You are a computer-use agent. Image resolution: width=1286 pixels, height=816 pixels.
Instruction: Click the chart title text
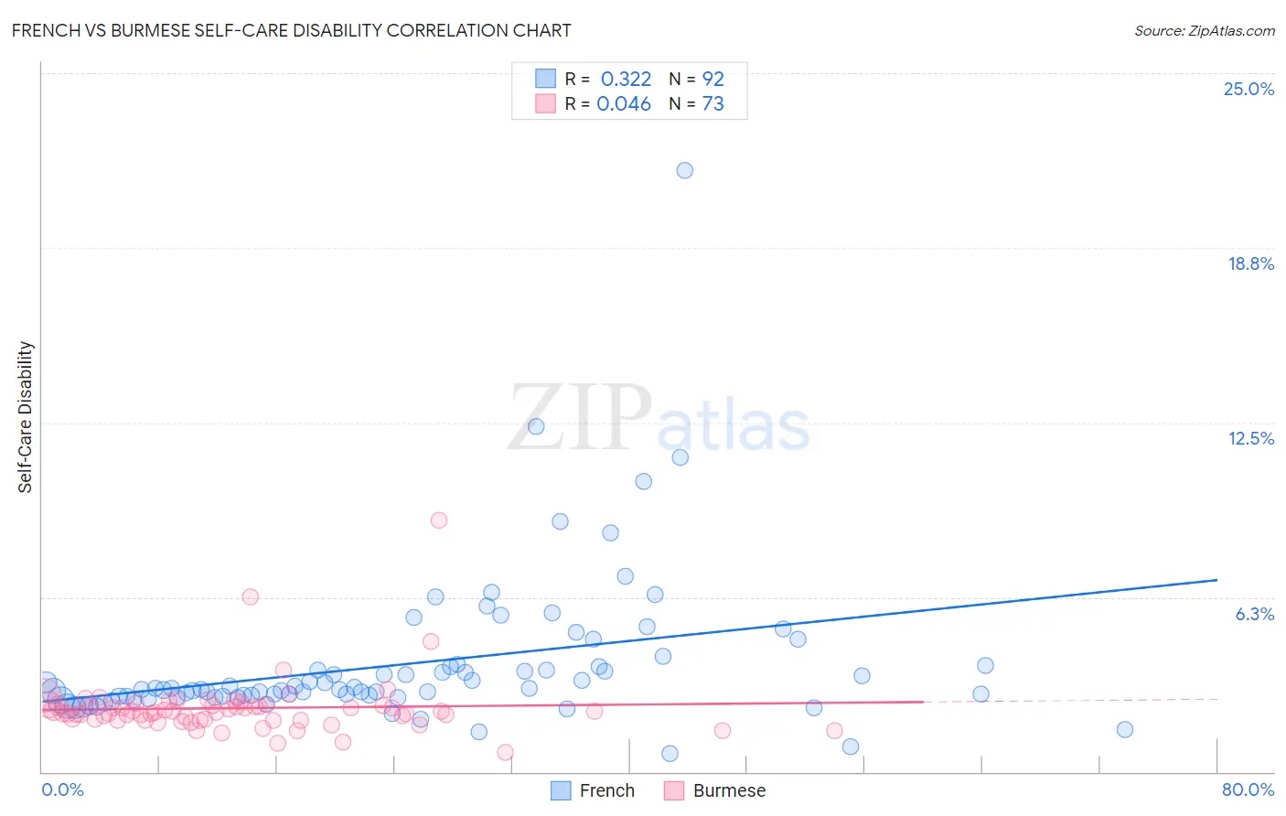tap(291, 31)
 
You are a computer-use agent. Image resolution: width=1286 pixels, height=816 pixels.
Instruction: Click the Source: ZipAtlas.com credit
tap(1204, 31)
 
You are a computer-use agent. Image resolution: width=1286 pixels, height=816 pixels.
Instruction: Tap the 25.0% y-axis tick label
tap(1248, 89)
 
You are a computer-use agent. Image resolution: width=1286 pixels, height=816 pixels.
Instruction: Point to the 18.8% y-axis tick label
tap(1250, 263)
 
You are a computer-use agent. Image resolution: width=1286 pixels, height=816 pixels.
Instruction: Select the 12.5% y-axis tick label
tap(1250, 438)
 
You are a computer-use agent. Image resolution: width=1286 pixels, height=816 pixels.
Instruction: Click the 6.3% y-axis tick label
tap(1254, 614)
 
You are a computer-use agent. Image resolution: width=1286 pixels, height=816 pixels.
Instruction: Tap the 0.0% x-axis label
tap(62, 789)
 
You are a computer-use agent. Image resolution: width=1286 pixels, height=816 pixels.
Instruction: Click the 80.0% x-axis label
tap(1248, 789)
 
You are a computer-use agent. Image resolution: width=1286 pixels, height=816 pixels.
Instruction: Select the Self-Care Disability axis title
tap(26, 417)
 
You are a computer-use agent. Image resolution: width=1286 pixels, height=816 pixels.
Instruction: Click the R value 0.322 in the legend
tap(626, 80)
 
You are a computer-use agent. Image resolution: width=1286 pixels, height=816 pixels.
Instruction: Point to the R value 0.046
tap(624, 104)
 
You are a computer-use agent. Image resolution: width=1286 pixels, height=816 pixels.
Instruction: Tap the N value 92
tap(713, 80)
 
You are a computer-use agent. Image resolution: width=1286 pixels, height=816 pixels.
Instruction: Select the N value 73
tap(713, 104)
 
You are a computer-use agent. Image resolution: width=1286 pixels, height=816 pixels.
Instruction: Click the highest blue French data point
tap(684, 170)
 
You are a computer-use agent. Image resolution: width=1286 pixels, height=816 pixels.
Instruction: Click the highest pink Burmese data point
tap(439, 520)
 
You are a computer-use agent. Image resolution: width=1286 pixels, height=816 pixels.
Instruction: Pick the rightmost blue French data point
tap(1125, 729)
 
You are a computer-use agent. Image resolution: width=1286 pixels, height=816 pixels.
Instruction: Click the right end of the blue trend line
tap(1216, 580)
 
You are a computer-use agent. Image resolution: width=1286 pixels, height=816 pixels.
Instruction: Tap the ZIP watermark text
tap(580, 419)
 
